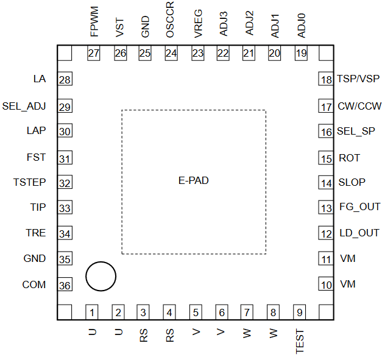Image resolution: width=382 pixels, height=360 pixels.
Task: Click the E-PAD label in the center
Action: (x=194, y=180)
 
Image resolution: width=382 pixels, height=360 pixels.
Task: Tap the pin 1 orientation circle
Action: (x=101, y=277)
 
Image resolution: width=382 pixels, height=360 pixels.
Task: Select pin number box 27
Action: (x=93, y=54)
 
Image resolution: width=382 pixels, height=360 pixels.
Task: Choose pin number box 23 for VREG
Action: (x=197, y=54)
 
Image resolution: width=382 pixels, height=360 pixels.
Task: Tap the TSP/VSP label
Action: (x=358, y=79)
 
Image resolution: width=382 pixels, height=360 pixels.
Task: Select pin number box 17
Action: (x=327, y=106)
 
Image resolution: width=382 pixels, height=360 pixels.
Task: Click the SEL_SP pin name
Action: (x=356, y=131)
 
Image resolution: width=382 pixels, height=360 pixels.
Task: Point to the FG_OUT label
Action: (x=359, y=207)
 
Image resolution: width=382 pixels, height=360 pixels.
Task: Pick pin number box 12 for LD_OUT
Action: (x=327, y=233)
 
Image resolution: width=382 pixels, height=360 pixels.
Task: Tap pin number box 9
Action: (x=300, y=312)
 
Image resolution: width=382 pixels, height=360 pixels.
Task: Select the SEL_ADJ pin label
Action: (x=24, y=106)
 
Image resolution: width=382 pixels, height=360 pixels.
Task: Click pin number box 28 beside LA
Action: (x=65, y=80)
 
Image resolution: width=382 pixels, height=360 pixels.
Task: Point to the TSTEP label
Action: (x=30, y=182)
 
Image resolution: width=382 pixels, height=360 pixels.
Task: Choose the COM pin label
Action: (x=34, y=284)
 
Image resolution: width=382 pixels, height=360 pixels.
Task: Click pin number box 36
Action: (x=65, y=285)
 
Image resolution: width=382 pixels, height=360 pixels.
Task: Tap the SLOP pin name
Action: (x=352, y=182)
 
